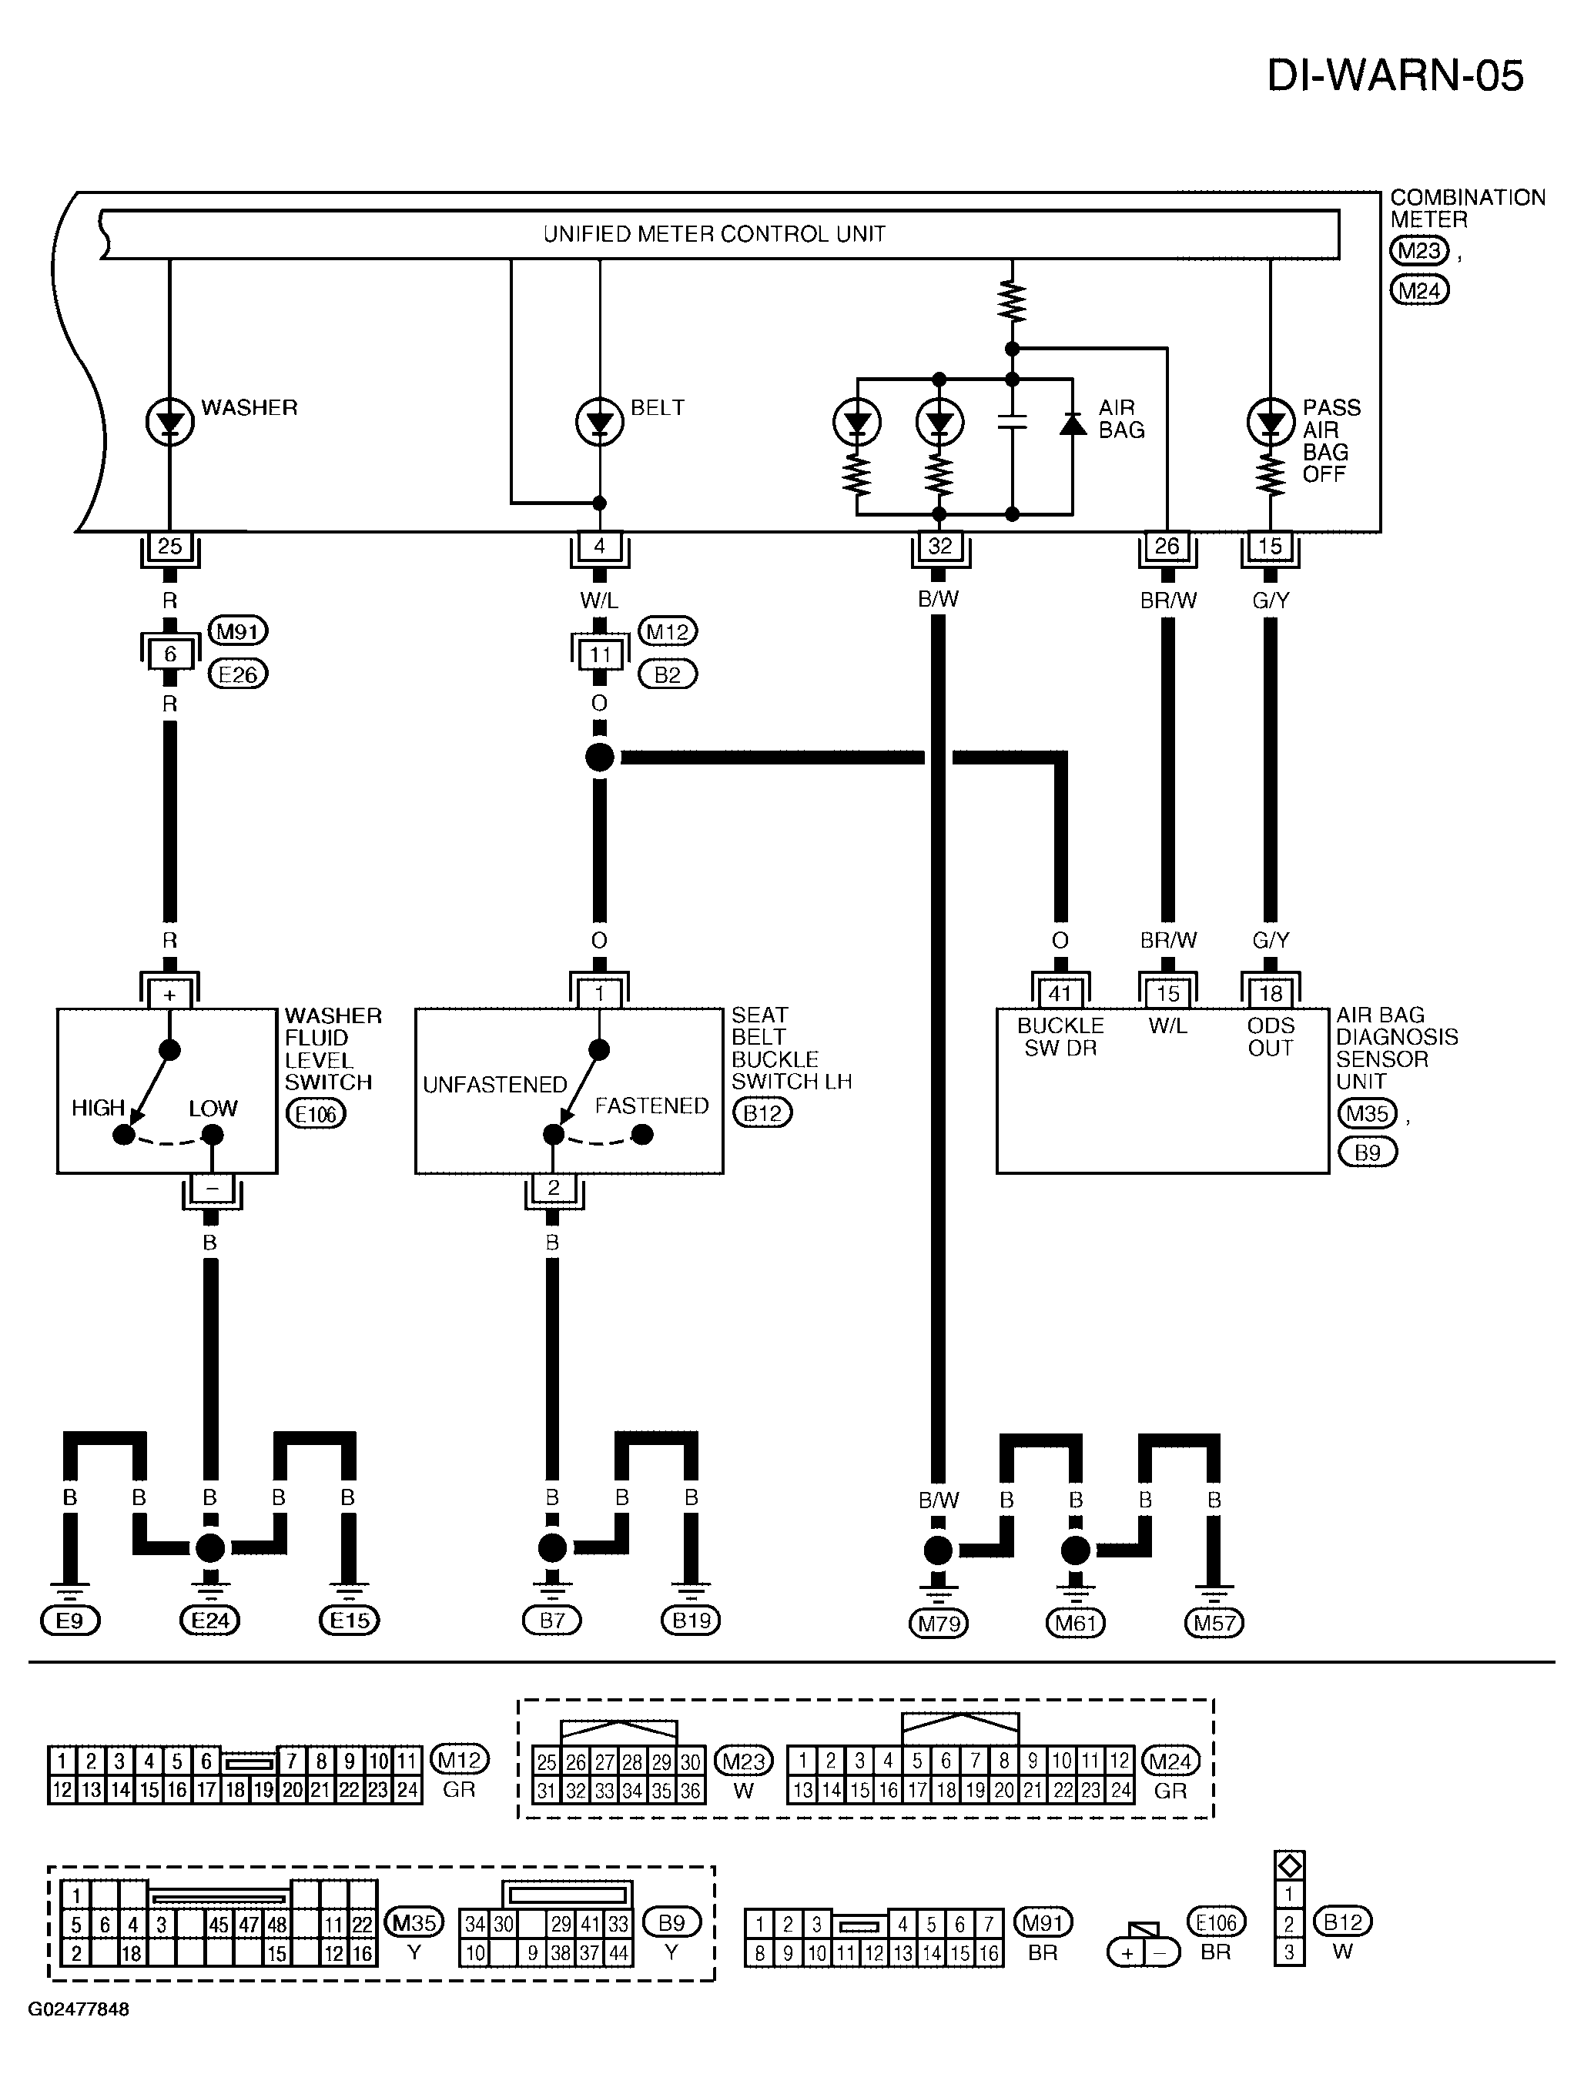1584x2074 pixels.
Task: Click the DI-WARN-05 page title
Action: (1395, 75)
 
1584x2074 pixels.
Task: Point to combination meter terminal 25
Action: (169, 546)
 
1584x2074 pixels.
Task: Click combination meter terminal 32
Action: (940, 546)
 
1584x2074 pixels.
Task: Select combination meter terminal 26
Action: (1167, 546)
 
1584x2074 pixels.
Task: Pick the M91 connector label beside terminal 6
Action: (238, 631)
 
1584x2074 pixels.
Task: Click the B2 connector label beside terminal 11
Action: (668, 674)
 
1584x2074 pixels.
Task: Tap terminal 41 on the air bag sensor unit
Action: (1060, 994)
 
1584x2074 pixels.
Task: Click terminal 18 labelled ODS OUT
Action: (1271, 994)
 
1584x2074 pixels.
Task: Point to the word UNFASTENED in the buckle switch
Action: (495, 1085)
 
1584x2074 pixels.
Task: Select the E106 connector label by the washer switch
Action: (316, 1114)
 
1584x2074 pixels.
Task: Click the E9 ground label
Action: (70, 1621)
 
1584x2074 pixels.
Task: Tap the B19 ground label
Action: (691, 1621)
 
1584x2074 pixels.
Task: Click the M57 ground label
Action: (1214, 1624)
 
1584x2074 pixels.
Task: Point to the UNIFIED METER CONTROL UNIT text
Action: (715, 234)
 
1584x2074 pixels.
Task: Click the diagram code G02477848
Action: (79, 2009)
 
